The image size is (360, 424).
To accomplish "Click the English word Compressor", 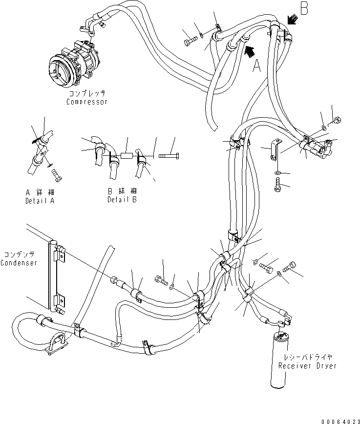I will point(87,102).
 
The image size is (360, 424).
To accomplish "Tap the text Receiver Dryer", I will point(307,366).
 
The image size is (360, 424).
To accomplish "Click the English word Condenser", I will point(19,263).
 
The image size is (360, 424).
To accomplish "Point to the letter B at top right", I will point(304,9).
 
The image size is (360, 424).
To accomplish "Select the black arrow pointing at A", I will point(249,49).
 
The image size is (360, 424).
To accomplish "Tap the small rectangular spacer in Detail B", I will point(126,157).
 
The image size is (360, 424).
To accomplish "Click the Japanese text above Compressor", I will point(87,93).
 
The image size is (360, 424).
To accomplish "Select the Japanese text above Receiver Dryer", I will point(307,357).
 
